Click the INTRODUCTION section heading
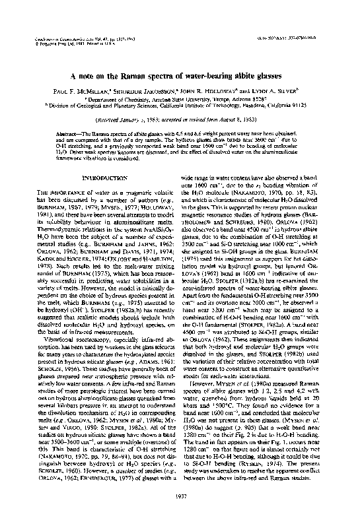(x=100, y=178)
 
